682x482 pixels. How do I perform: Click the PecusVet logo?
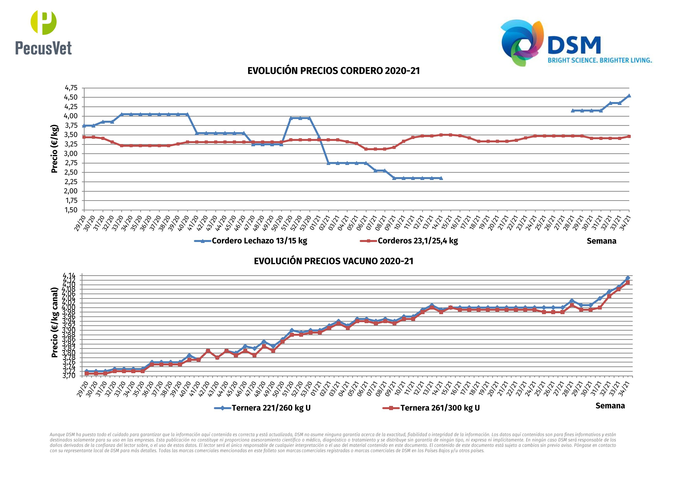[x=43, y=33]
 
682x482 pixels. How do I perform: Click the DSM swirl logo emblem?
[x=522, y=43]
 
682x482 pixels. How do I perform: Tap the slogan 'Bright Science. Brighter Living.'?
[x=599, y=60]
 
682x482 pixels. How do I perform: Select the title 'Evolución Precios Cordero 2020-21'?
[x=333, y=71]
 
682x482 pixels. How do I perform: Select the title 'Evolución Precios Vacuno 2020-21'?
[x=333, y=261]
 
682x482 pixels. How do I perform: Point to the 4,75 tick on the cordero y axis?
[x=71, y=88]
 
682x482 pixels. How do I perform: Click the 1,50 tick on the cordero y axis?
[x=71, y=210]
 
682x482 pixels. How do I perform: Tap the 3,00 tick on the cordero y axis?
[x=71, y=154]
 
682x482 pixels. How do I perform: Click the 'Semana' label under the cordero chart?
[x=601, y=241]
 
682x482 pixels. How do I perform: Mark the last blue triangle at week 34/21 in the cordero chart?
[x=629, y=96]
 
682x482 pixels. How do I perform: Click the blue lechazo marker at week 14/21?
[x=441, y=178]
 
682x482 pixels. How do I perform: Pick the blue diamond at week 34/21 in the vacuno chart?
[x=628, y=278]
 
